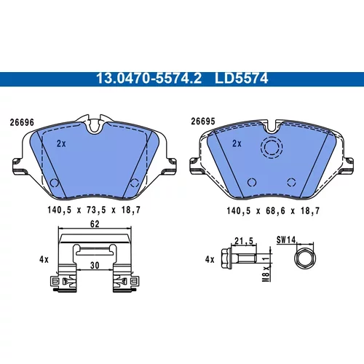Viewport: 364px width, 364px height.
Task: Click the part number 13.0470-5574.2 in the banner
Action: click(x=149, y=79)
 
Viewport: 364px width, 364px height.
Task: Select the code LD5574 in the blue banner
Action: click(x=242, y=79)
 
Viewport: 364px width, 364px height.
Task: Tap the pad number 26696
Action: click(x=22, y=122)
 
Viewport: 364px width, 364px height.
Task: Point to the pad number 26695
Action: click(x=203, y=122)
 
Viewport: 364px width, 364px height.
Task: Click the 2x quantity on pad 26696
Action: click(x=61, y=143)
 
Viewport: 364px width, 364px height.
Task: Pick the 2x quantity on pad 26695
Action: click(x=237, y=143)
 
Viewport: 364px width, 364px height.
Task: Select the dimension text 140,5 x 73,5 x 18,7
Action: click(x=94, y=210)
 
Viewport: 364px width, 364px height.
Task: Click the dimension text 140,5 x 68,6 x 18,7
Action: click(x=273, y=210)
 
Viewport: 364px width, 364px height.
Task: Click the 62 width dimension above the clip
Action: click(x=95, y=223)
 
